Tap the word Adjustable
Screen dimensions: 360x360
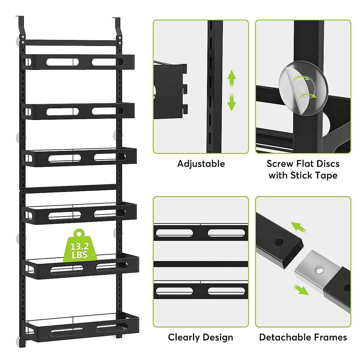(x=201, y=164)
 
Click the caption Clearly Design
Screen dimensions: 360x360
(x=200, y=337)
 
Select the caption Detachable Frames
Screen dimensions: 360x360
(x=303, y=337)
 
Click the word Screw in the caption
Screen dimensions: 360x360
(x=280, y=164)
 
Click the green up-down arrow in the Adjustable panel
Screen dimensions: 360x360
(x=231, y=91)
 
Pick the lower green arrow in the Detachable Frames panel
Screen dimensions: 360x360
(x=301, y=290)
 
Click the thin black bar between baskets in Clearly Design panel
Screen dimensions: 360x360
(x=200, y=264)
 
